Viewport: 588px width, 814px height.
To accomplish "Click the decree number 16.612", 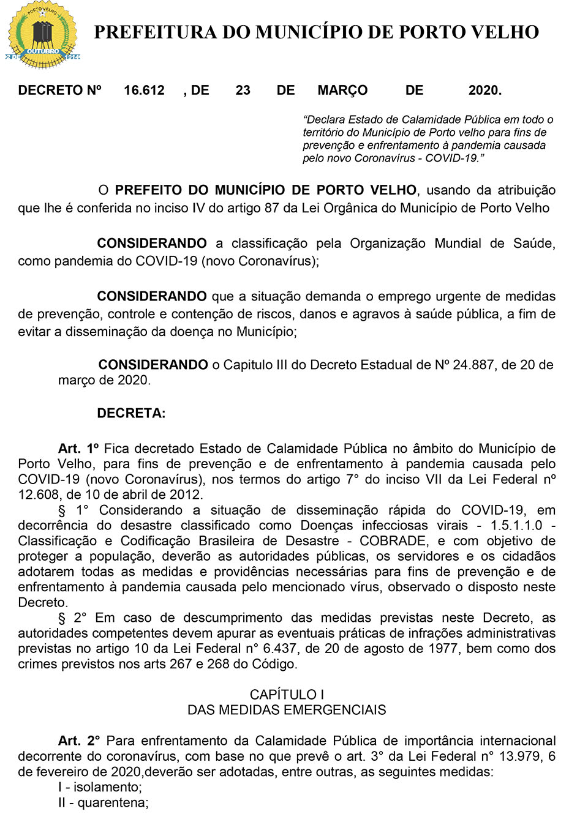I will (x=144, y=91).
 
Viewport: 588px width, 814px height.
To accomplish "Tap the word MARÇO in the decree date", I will (x=342, y=91).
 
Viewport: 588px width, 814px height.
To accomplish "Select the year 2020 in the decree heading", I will (x=484, y=91).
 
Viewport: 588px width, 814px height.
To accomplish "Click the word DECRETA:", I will (x=131, y=413).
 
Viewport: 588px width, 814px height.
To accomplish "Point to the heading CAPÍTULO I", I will (x=287, y=695).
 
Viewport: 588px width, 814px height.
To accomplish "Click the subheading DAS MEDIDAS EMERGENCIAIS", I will (x=287, y=710).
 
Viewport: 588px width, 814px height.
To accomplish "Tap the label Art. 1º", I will (x=78, y=449).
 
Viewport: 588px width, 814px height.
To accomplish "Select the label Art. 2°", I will (x=79, y=741).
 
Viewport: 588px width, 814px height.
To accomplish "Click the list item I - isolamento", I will (x=100, y=787).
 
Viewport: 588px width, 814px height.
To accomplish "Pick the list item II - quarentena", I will (x=104, y=802).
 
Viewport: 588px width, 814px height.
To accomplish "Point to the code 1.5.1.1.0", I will (x=516, y=526).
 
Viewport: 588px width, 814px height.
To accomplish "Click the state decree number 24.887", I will (x=473, y=365).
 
